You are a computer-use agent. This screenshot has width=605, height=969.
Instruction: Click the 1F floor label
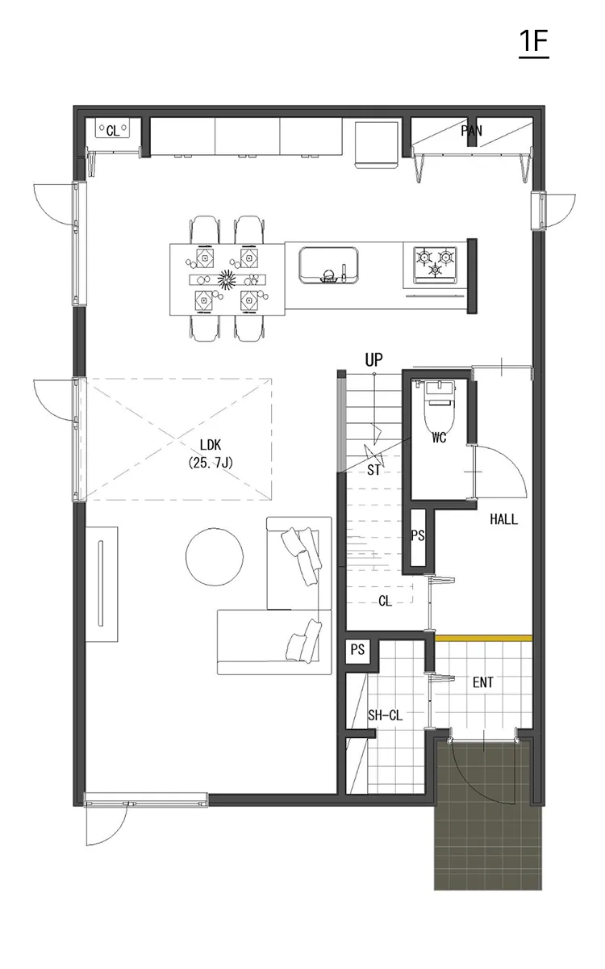(x=533, y=43)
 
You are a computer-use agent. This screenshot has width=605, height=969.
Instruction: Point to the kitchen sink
(x=328, y=266)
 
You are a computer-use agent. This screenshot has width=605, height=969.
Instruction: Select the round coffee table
(x=215, y=556)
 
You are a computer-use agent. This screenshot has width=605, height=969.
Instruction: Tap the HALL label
(x=503, y=520)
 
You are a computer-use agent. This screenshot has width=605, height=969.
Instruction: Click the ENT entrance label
(x=482, y=683)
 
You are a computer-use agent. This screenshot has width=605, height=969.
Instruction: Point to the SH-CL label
(x=385, y=715)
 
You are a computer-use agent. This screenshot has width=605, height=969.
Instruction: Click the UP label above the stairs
(x=373, y=359)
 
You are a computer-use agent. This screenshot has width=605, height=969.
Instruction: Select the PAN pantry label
(x=471, y=131)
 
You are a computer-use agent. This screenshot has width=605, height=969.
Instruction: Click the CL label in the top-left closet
(x=112, y=130)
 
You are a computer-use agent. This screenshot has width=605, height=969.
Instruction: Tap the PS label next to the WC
(x=417, y=535)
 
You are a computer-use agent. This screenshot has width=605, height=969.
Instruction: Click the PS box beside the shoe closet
(x=357, y=650)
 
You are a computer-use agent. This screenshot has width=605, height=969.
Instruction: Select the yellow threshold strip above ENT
(x=483, y=638)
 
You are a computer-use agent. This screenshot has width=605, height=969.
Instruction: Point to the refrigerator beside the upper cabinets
(x=377, y=143)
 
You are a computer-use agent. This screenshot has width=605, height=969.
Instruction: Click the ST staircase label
(x=373, y=470)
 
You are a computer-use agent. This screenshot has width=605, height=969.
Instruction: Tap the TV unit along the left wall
(x=101, y=583)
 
